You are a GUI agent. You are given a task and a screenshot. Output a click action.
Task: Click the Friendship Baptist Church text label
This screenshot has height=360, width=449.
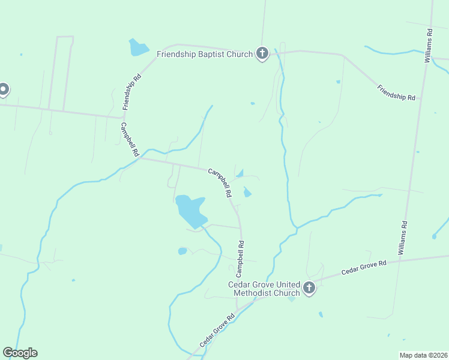click(205, 54)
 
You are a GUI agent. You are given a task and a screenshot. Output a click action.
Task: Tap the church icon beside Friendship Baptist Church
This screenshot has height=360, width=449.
click(262, 54)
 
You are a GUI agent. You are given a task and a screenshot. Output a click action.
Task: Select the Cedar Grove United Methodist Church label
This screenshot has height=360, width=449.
click(264, 289)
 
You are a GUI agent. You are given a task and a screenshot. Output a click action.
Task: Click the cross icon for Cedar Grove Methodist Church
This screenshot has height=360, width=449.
click(309, 289)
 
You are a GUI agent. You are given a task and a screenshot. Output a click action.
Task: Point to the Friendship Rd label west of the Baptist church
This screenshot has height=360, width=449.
click(131, 91)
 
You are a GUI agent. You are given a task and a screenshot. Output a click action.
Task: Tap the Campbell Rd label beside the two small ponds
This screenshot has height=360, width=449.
click(220, 183)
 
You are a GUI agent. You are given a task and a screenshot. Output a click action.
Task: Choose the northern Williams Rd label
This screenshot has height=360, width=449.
click(428, 45)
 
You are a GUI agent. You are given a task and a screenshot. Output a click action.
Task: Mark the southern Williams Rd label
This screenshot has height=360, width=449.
click(403, 238)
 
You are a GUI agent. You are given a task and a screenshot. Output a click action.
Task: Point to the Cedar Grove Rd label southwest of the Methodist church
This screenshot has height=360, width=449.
click(217, 331)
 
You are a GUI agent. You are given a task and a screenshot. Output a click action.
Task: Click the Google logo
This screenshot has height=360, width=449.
click(20, 353)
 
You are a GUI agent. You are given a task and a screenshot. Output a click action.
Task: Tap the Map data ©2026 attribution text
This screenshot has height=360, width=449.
click(423, 355)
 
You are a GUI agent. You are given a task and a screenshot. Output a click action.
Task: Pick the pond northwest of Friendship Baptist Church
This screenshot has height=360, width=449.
click(137, 47)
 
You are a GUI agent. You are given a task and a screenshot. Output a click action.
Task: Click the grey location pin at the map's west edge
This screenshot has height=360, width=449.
click(3, 89)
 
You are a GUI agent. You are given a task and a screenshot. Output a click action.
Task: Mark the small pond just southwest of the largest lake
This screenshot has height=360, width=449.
click(182, 251)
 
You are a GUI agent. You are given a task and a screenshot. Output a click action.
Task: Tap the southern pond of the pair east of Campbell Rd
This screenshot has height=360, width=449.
click(247, 192)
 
